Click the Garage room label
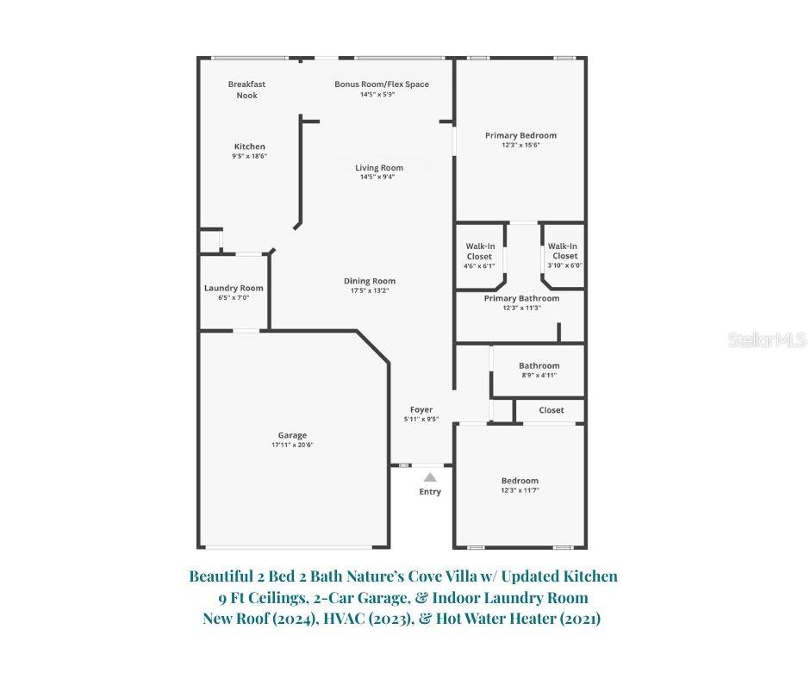pos(292,435)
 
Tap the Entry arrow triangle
pos(430,477)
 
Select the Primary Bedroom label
pos(520,135)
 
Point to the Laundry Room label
pos(234,288)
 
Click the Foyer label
pos(421,409)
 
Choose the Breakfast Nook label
pos(246,90)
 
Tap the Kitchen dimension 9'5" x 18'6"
pos(249,157)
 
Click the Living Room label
pos(379,168)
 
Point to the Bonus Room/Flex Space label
pos(382,84)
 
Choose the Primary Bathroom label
pos(521,298)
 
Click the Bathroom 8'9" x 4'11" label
pos(539,365)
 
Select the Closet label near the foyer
pos(551,410)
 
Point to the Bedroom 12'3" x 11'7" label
pos(520,481)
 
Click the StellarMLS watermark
pos(767,340)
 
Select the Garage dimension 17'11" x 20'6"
pos(292,445)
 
